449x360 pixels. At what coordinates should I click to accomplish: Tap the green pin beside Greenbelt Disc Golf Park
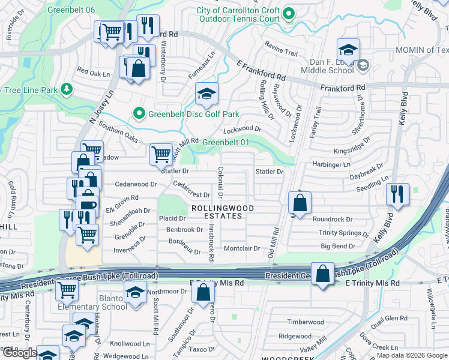coord(139,113)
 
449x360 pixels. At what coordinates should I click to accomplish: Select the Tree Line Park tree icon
coord(67,90)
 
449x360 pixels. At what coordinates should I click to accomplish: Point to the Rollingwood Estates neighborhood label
coord(223,212)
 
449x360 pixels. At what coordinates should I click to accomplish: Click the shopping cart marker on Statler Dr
coord(161,154)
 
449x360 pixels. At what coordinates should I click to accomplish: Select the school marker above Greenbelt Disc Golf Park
coord(206,94)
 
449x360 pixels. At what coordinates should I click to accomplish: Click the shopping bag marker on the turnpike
coord(323,275)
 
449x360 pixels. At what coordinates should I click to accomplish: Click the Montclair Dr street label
coord(241,248)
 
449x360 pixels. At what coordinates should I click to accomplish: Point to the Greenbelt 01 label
coord(225,142)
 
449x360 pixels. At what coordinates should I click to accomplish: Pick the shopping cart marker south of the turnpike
coord(67,290)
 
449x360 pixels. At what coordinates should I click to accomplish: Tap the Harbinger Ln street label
coord(331,164)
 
